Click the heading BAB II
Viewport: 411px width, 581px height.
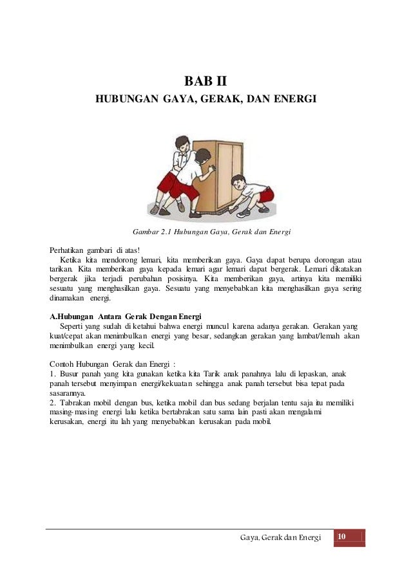coord(205,82)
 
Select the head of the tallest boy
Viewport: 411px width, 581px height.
coord(180,140)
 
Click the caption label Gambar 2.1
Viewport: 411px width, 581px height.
coord(153,232)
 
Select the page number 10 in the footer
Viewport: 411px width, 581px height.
coord(341,537)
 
